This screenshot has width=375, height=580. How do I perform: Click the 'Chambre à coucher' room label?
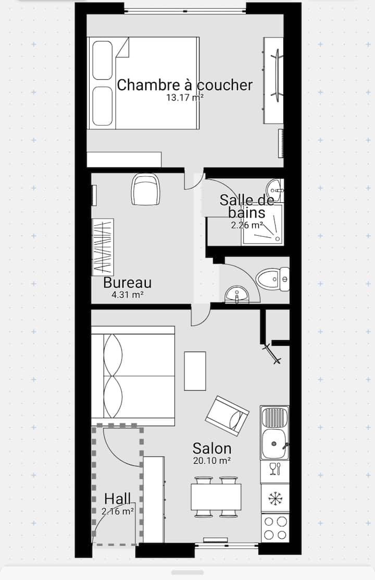click(185, 84)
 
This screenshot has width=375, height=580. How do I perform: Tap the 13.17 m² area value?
click(185, 98)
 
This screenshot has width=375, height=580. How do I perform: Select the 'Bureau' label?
click(128, 283)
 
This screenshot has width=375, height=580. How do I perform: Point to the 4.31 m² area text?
click(128, 295)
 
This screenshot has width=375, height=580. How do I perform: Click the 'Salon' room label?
click(212, 449)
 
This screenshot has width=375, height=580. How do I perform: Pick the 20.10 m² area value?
click(212, 461)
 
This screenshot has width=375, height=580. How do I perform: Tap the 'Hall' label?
click(118, 499)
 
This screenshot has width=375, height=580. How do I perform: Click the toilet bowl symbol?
click(273, 279)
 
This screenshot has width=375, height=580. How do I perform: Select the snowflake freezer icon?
click(275, 499)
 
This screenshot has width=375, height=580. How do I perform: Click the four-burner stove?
click(275, 528)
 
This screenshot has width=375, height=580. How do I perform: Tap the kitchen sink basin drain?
click(274, 443)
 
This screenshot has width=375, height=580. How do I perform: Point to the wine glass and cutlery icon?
click(275, 469)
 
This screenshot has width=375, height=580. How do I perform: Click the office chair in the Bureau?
click(146, 189)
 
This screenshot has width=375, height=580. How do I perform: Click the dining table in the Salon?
click(216, 497)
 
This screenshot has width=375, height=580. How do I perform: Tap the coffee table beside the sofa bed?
click(195, 371)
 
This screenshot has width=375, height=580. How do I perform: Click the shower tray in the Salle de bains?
click(262, 224)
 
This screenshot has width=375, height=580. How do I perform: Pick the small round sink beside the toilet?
click(237, 295)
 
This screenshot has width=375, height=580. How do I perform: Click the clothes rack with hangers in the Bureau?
click(102, 247)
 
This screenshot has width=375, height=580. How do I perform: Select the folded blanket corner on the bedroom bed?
click(122, 48)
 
